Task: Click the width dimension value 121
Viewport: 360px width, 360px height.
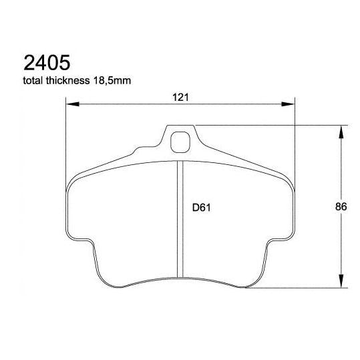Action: pyautogui.click(x=180, y=97)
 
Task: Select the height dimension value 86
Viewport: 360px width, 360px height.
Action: pyautogui.click(x=340, y=207)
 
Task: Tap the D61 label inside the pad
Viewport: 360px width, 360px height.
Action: pyautogui.click(x=202, y=207)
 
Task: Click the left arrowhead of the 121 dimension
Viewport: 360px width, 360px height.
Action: pyautogui.click(x=73, y=104)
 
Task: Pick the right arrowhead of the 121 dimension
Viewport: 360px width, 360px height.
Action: pyautogui.click(x=289, y=104)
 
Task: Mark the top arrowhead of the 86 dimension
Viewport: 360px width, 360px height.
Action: pyautogui.click(x=343, y=132)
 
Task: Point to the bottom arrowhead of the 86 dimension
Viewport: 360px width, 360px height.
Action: pyautogui.click(x=343, y=282)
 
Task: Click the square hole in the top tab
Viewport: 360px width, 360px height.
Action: pyautogui.click(x=180, y=142)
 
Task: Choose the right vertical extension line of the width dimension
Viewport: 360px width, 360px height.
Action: pyautogui.click(x=295, y=140)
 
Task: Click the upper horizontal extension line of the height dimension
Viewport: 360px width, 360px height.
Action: pyautogui.click(x=267, y=125)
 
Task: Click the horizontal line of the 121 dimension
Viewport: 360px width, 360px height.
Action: pyautogui.click(x=134, y=104)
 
